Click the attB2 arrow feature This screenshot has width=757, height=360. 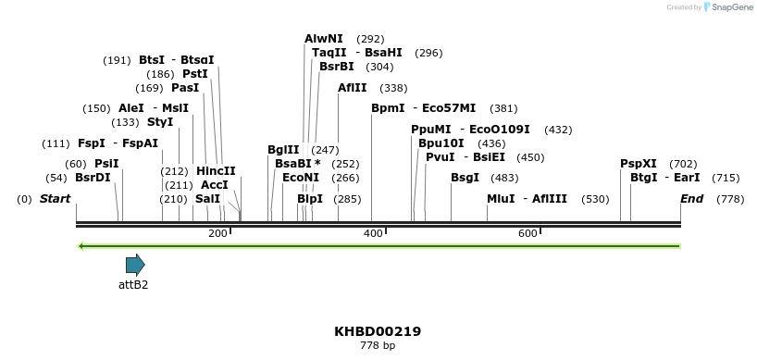pyautogui.click(x=135, y=266)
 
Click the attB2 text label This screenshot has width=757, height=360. pyautogui.click(x=133, y=285)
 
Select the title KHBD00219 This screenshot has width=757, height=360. pyautogui.click(x=378, y=331)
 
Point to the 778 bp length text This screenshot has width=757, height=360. pyautogui.click(x=378, y=346)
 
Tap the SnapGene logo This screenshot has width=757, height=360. pyautogui.click(x=728, y=7)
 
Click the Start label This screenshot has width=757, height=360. pyautogui.click(x=55, y=199)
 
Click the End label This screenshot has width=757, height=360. pyautogui.click(x=691, y=199)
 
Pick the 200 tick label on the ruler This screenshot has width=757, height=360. pyautogui.click(x=218, y=234)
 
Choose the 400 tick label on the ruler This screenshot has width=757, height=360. pyautogui.click(x=373, y=234)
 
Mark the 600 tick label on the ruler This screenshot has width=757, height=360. pyautogui.click(x=528, y=234)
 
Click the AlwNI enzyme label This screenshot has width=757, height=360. pyautogui.click(x=324, y=39)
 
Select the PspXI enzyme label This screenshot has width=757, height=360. pyautogui.click(x=639, y=164)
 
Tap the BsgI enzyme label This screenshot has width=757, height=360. pyautogui.click(x=465, y=177)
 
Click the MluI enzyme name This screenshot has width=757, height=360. pyautogui.click(x=501, y=199)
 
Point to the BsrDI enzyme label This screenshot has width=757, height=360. pyautogui.click(x=93, y=177)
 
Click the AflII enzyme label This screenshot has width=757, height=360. pyautogui.click(x=353, y=88)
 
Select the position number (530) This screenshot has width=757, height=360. pyautogui.click(x=595, y=199)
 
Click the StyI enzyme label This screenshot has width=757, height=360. pyautogui.click(x=160, y=122)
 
